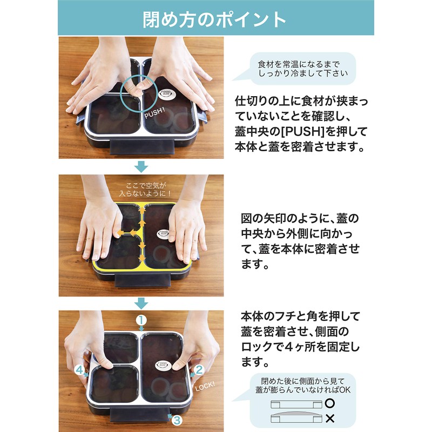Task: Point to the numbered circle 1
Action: click(x=141, y=320)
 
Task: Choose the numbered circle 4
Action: click(x=80, y=370)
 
